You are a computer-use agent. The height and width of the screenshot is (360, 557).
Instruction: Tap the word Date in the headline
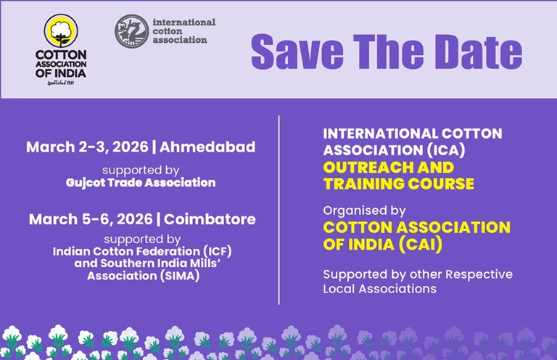474,50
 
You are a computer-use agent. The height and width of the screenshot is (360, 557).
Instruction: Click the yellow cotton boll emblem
60,30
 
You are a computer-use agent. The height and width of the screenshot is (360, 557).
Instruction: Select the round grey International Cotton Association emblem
131,31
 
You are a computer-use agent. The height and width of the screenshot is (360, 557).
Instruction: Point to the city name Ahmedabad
208,147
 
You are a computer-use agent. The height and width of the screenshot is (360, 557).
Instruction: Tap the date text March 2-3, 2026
87,147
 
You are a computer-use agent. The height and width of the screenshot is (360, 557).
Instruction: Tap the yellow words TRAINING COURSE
398,184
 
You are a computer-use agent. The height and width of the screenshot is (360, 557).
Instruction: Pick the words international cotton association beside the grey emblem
184,30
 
